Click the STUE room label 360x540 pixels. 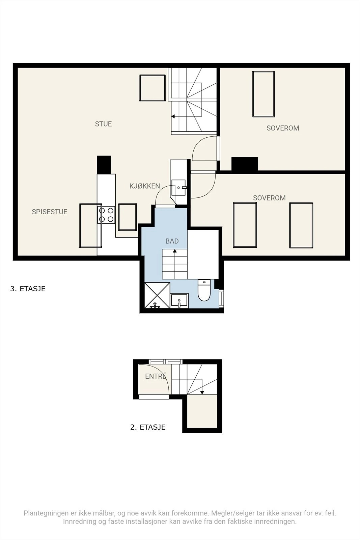pos(103,124)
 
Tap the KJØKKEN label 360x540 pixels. pos(145,186)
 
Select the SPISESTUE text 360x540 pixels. pos(49,212)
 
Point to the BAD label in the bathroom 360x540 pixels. pos(172,241)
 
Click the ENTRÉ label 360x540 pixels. pos(156,376)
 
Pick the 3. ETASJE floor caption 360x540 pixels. pos(28,289)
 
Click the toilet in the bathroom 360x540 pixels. pos(204,290)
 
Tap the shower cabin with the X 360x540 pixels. pos(157,295)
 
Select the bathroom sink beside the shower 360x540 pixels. pos(179,301)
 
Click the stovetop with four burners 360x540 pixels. pos(106,215)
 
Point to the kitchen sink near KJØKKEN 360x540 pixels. pos(178,187)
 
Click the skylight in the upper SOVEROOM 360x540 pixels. pos(264,94)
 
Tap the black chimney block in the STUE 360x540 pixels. pos(104,165)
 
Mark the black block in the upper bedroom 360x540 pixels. pos(245,164)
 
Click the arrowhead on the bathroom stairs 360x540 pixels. pos(175,251)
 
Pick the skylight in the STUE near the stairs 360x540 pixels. pos(153,88)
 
